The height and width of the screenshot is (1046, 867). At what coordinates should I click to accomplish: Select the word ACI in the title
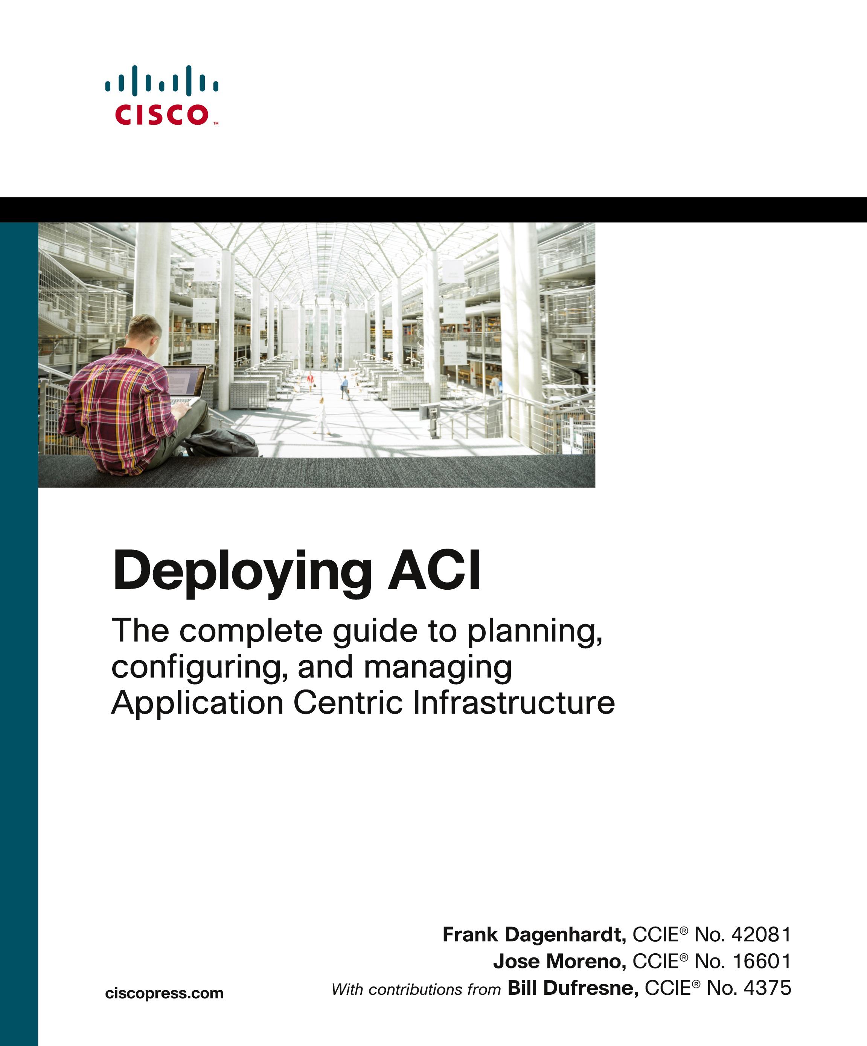pyautogui.click(x=434, y=569)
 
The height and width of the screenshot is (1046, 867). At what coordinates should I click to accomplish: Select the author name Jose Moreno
pyautogui.click(x=559, y=961)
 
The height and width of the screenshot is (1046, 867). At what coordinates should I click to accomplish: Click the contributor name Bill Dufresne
pyautogui.click(x=572, y=988)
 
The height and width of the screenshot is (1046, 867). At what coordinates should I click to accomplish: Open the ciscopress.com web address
pyautogui.click(x=164, y=993)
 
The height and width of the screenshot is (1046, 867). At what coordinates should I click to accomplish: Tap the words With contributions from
pyautogui.click(x=416, y=989)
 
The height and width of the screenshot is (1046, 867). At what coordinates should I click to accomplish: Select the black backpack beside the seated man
pyautogui.click(x=222, y=442)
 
